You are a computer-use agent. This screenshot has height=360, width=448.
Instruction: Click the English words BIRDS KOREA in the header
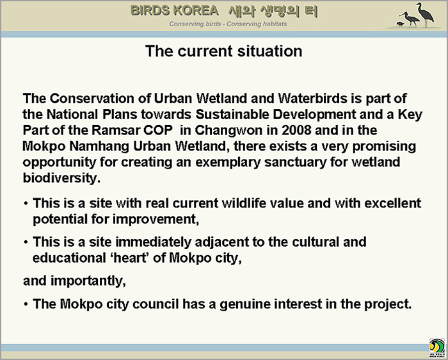tap(174, 11)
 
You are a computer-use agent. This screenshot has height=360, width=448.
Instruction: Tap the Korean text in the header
tap(273, 11)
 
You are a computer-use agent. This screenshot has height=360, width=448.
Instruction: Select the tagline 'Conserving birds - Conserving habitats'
tap(228, 24)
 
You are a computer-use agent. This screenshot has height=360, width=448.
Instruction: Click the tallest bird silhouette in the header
tap(426, 14)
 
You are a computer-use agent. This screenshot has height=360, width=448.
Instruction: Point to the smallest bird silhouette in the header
tap(400, 24)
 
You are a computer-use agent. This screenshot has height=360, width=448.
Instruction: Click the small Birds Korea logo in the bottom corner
tap(437, 348)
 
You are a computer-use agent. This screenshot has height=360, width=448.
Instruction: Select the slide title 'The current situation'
tap(224, 51)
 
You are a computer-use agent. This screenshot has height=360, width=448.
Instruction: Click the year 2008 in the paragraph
tap(296, 130)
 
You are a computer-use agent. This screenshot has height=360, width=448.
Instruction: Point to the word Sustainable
tap(232, 115)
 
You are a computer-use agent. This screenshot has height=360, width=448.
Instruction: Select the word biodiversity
tap(61, 178)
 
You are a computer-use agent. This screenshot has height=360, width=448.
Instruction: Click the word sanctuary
tap(296, 162)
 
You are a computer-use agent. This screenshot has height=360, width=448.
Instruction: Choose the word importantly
tap(88, 281)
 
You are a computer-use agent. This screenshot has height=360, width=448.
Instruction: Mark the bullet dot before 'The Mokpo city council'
tap(26, 304)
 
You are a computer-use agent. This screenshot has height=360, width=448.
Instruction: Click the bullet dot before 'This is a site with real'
tap(26, 204)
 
